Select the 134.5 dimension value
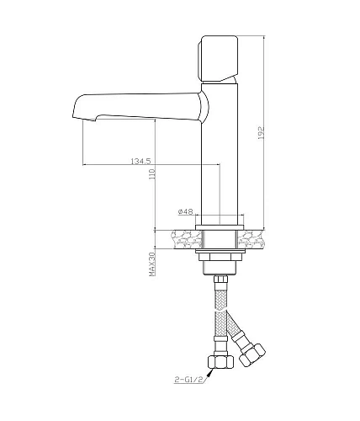point(140,160)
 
